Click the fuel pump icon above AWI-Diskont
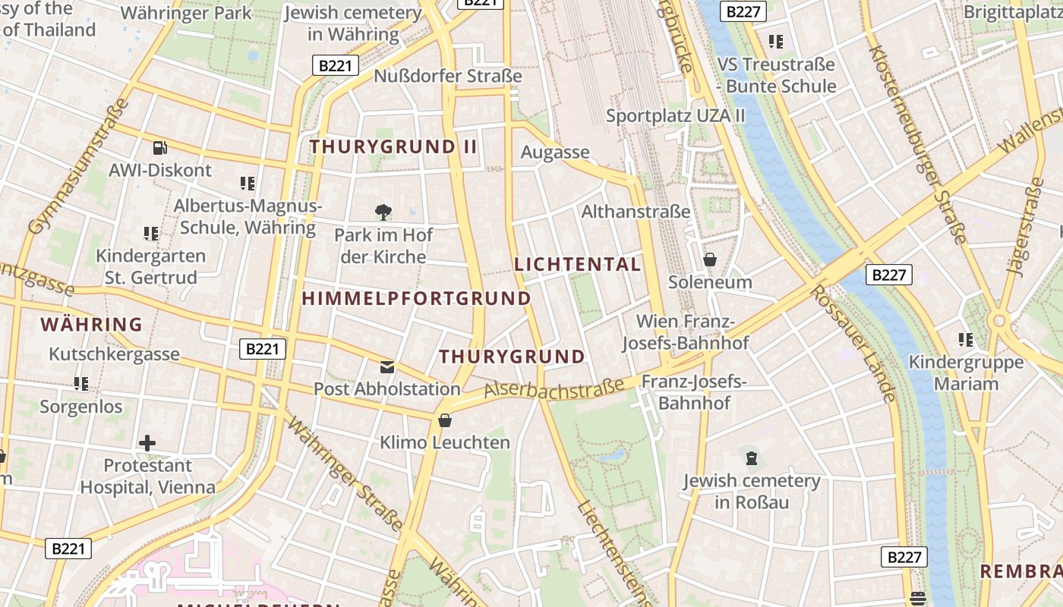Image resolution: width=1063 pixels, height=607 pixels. click(x=159, y=147)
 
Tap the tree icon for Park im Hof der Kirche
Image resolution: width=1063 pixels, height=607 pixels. click(x=383, y=212)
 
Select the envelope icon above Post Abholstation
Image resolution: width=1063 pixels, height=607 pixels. click(x=387, y=367)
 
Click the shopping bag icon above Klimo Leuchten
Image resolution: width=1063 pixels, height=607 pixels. click(x=445, y=420)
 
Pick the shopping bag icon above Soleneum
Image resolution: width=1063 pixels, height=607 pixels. click(x=710, y=259)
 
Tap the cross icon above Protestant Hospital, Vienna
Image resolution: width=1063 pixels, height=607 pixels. click(x=147, y=442)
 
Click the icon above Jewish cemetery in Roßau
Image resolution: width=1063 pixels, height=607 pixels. click(x=752, y=458)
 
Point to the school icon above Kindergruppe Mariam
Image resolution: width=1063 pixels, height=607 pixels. click(x=966, y=339)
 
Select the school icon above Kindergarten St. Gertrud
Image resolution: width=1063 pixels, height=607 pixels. click(x=151, y=234)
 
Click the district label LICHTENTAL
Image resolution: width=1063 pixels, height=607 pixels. click(x=578, y=264)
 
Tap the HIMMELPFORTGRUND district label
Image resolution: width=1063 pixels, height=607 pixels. click(x=417, y=298)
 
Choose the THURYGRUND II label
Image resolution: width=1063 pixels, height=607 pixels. click(x=393, y=146)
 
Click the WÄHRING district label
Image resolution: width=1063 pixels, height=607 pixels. click(x=91, y=325)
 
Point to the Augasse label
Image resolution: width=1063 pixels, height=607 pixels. click(x=555, y=152)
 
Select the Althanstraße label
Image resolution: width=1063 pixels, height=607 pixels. click(x=636, y=212)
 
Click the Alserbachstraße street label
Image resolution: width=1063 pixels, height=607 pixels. click(x=554, y=388)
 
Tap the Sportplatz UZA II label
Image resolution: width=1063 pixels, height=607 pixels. click(x=676, y=115)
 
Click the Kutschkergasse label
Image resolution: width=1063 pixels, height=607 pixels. click(x=114, y=354)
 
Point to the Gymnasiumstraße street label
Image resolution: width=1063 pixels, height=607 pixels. click(x=77, y=167)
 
